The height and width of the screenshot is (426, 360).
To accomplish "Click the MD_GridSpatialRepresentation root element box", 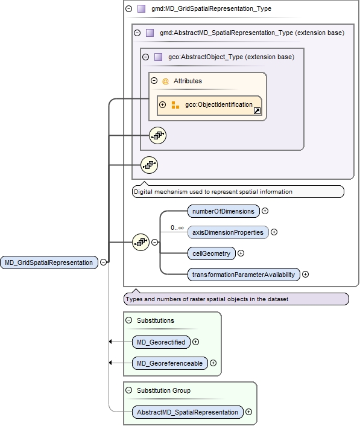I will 49,262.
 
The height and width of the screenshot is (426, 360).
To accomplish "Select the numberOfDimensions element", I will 224,211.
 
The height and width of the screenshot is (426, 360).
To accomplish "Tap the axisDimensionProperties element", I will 228,232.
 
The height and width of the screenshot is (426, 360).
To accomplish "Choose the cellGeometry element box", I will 210,253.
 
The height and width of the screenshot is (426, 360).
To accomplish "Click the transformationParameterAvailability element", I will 243,275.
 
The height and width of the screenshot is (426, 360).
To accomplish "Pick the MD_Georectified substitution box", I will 160,342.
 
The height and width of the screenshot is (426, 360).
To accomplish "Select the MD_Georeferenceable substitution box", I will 169,364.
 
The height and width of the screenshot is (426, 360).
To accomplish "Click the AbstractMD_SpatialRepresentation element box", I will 188,412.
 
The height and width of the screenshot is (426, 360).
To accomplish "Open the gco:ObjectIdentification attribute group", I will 209,105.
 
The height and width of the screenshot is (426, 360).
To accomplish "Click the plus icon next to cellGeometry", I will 241,253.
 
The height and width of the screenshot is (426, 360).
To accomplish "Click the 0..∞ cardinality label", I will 177,227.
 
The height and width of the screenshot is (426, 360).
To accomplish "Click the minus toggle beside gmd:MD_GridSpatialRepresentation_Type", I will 129,9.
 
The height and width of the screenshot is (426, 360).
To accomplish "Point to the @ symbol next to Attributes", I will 165,81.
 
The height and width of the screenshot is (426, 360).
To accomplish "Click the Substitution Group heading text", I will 163,390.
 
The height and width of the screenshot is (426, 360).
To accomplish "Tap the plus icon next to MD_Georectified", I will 195,342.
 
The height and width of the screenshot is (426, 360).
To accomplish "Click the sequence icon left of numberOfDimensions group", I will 141,243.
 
